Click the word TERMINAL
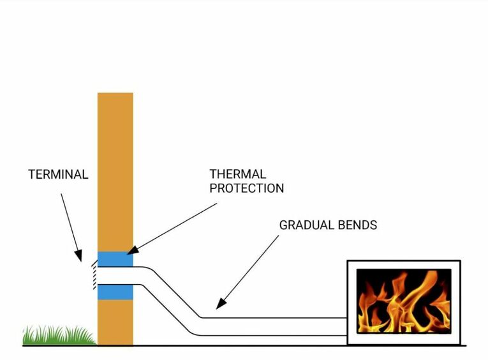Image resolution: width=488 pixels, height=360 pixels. pos(58,174)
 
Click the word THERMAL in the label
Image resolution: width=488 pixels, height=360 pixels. pos(238,174)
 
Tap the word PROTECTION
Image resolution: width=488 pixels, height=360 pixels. pos(246,188)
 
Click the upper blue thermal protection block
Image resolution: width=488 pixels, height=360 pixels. pos(115,259)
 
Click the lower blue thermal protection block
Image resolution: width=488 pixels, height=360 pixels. pos(115,292)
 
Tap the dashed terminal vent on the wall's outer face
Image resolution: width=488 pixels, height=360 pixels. pos(94,275)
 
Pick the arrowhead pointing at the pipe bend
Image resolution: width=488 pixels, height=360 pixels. pos(218,306)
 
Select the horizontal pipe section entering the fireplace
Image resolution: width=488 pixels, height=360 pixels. pos(274,326)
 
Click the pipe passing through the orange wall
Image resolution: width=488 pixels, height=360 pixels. pos(115,276)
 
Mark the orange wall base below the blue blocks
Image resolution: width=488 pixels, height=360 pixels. pos(115,322)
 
